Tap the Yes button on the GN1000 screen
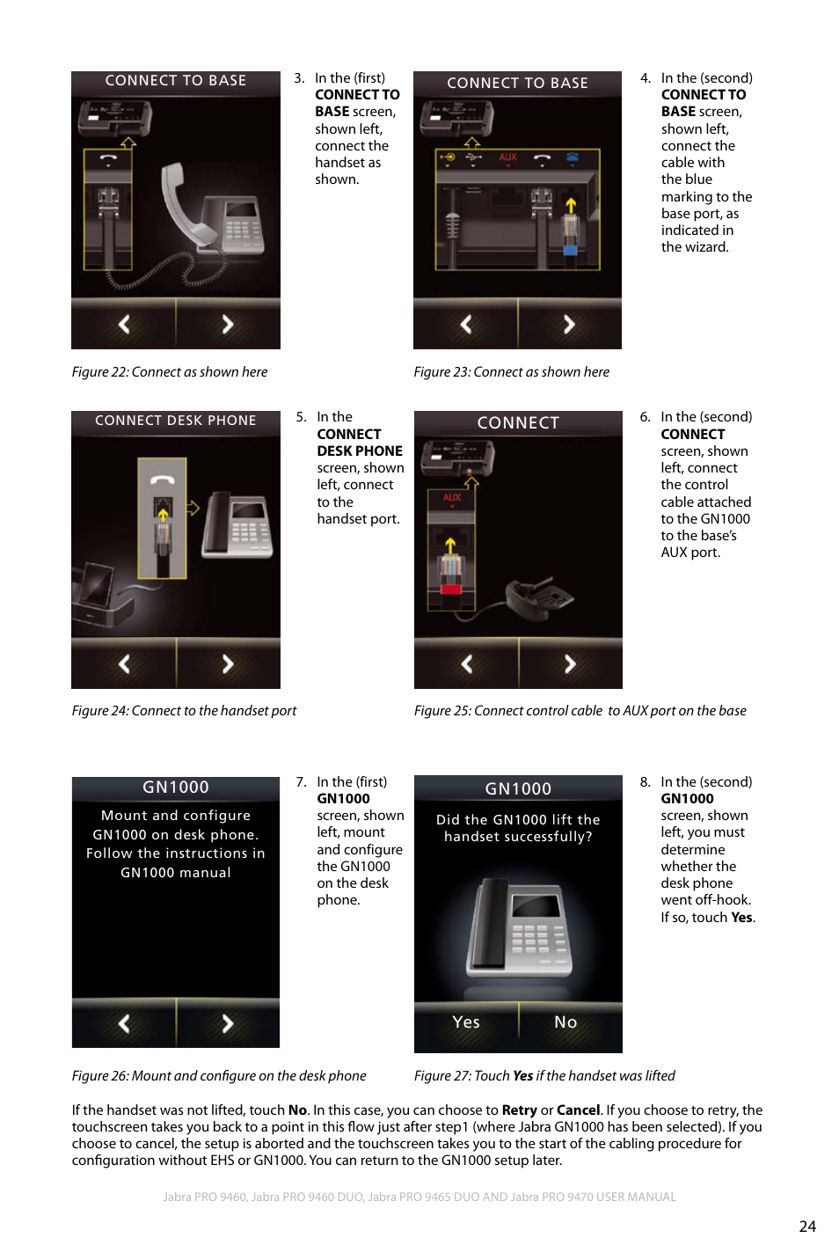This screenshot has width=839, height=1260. pyautogui.click(x=466, y=1022)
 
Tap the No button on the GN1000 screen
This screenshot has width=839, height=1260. pyautogui.click(x=565, y=1022)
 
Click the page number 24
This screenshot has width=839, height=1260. pyautogui.click(x=806, y=1226)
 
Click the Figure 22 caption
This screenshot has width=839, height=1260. pyautogui.click(x=170, y=372)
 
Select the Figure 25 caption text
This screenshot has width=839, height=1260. pyautogui.click(x=580, y=711)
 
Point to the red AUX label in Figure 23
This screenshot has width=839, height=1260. pyautogui.click(x=507, y=157)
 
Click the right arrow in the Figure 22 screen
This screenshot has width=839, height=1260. pyautogui.click(x=228, y=324)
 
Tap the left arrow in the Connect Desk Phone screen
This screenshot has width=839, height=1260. pyautogui.click(x=124, y=663)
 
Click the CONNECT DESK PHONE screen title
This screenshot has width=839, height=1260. pyautogui.click(x=176, y=421)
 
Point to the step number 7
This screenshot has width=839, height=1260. pyautogui.click(x=301, y=782)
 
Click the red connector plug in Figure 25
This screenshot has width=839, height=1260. pyautogui.click(x=450, y=584)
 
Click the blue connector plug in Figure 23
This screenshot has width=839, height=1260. pyautogui.click(x=571, y=249)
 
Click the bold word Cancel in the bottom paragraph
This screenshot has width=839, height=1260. pyautogui.click(x=578, y=1110)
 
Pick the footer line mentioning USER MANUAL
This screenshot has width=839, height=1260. pyautogui.click(x=419, y=1197)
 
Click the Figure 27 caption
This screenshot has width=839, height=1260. pyautogui.click(x=544, y=1076)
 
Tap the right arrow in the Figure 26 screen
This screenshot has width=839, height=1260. pyautogui.click(x=228, y=1023)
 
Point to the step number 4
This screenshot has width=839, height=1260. pyautogui.click(x=645, y=78)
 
